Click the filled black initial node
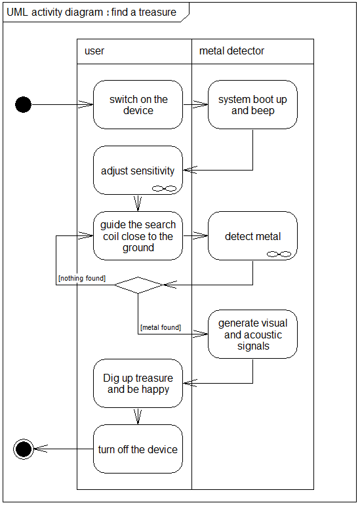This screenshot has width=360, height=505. [23, 105]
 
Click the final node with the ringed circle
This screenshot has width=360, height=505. [24, 449]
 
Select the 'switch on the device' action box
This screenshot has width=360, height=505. [138, 105]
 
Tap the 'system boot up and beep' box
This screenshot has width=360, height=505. [252, 105]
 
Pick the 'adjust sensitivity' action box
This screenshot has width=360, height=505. [138, 171]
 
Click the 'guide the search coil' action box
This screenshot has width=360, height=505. [138, 235]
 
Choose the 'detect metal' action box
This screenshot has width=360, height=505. [252, 235]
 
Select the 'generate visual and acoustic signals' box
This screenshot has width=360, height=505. [252, 334]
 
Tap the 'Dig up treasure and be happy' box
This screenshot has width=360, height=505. [138, 383]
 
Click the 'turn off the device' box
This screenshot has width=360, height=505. [138, 449]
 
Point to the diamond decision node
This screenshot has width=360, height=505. [138, 285]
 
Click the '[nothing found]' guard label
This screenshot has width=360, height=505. [82, 278]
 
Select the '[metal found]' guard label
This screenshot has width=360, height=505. [161, 327]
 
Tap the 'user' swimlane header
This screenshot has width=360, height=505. [94, 51]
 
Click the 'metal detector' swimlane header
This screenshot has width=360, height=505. [231, 51]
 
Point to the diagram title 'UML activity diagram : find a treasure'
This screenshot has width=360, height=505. [91, 12]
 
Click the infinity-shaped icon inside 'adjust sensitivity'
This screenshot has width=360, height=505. [164, 188]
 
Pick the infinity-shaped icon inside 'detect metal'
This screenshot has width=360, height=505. [279, 254]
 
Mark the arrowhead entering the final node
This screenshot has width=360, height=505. [41, 449]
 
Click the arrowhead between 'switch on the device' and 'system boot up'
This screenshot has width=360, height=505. [201, 105]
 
